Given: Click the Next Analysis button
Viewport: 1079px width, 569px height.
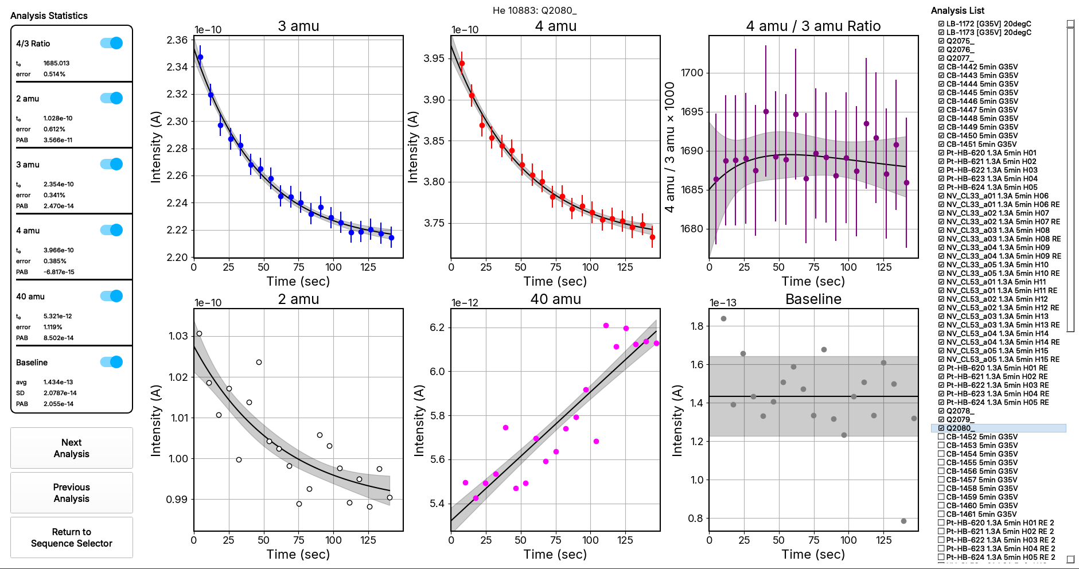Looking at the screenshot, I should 71,448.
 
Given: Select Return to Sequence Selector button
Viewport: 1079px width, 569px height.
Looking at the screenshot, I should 71,537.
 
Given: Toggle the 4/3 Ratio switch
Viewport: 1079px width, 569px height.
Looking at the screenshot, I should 111,43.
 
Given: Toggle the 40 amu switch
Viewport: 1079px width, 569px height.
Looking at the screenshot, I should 111,296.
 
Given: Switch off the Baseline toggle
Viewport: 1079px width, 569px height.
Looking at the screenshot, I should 111,362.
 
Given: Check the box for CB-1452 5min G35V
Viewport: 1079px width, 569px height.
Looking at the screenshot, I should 941,437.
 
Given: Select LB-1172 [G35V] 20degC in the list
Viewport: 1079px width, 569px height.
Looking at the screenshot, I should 988,24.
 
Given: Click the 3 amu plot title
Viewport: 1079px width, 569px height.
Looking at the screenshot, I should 298,26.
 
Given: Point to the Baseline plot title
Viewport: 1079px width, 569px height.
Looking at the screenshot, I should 813,299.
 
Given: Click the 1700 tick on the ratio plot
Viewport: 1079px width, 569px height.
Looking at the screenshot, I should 692,73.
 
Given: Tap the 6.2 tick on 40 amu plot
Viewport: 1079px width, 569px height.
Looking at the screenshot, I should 437,328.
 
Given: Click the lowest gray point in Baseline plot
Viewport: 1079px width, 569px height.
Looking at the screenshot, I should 903,521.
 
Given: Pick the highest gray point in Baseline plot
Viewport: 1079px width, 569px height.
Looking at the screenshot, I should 723,318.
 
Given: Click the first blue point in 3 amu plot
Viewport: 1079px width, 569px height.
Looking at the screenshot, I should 200,57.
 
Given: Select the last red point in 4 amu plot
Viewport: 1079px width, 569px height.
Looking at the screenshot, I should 652,237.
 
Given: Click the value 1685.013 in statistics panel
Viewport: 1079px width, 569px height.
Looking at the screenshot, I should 56,63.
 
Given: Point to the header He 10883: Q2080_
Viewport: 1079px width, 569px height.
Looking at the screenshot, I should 535,10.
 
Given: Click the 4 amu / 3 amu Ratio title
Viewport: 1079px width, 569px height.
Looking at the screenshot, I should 813,26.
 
